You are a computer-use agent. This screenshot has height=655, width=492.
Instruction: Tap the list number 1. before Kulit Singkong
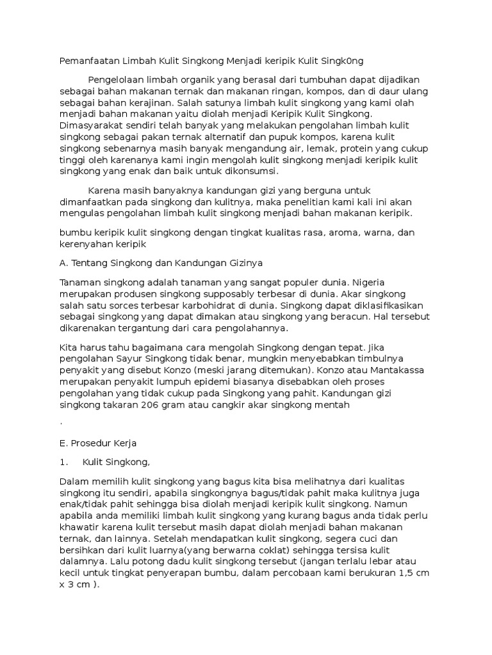pyautogui.click(x=63, y=462)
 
